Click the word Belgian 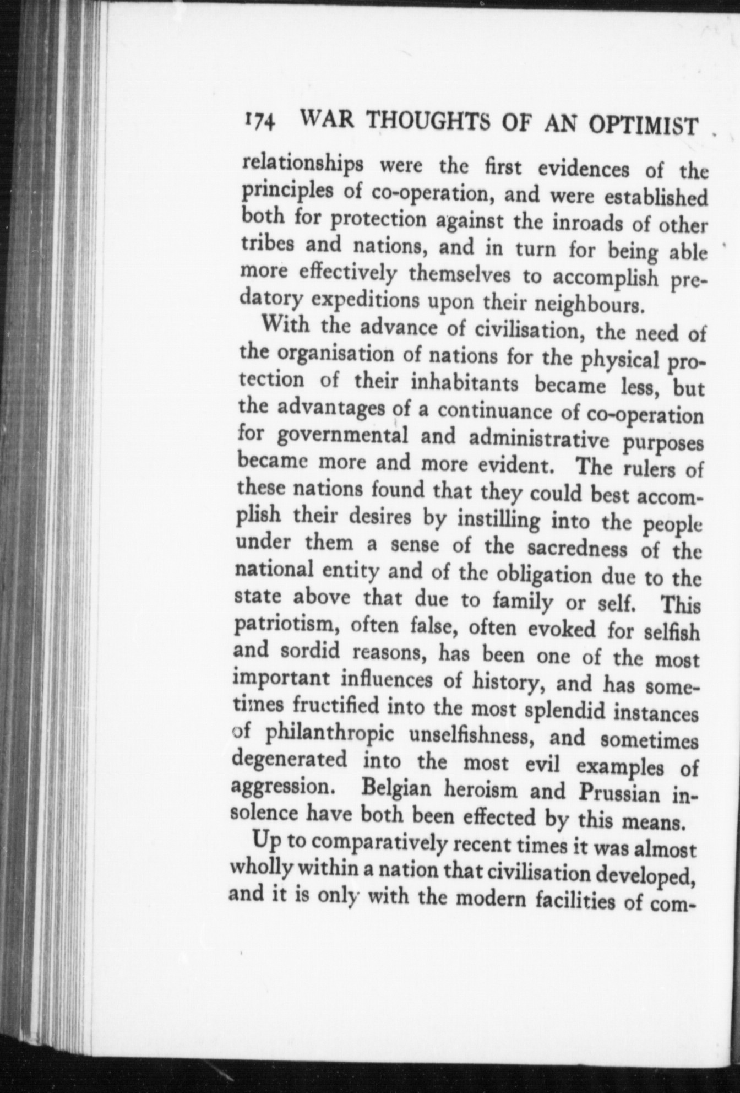coord(393,788)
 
